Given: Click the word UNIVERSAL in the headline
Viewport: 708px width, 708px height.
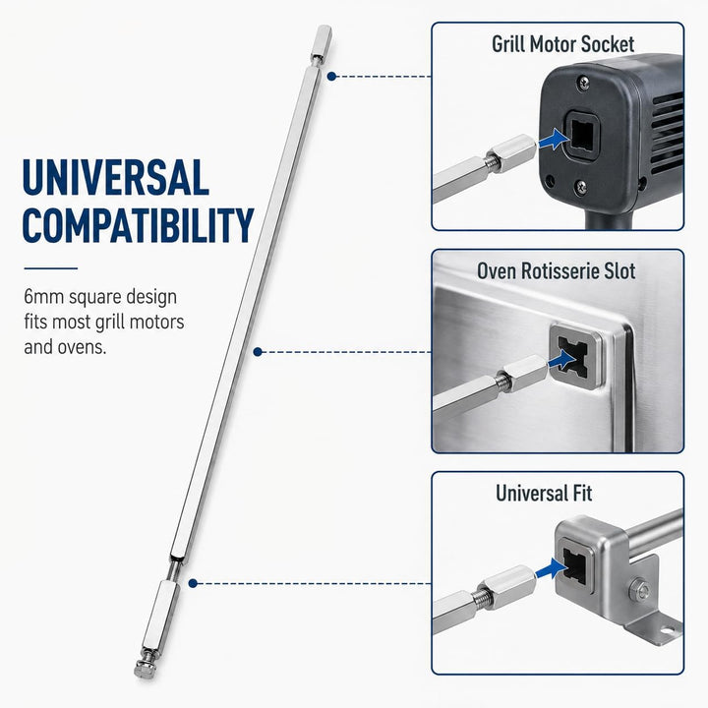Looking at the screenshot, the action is [x=116, y=177].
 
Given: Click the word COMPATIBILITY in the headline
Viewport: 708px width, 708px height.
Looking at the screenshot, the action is [x=138, y=225].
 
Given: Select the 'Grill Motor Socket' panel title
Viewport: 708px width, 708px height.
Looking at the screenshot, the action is [x=562, y=44].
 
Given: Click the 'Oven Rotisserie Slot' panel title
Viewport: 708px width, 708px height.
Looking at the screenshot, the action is [x=556, y=271].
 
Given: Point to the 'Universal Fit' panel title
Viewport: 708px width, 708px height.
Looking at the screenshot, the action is [x=544, y=493].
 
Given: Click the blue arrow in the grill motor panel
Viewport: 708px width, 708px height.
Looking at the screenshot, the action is [x=554, y=139].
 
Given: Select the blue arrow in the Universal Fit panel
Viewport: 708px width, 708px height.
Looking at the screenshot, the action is [x=552, y=568].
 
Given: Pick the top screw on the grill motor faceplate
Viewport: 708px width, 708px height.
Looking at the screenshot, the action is [x=584, y=83].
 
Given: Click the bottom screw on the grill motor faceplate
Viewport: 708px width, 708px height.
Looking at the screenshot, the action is [x=581, y=187].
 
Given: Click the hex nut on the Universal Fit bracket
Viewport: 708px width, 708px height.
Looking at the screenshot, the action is [x=638, y=589].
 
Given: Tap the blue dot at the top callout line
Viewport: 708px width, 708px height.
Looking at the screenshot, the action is [x=331, y=77].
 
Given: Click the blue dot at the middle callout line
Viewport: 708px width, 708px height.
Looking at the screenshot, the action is [x=258, y=352].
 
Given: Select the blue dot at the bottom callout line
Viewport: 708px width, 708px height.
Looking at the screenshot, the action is [x=193, y=583].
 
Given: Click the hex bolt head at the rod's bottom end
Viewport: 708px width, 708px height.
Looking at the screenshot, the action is [x=143, y=670].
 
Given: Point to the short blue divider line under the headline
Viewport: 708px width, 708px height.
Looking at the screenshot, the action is [x=51, y=268].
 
